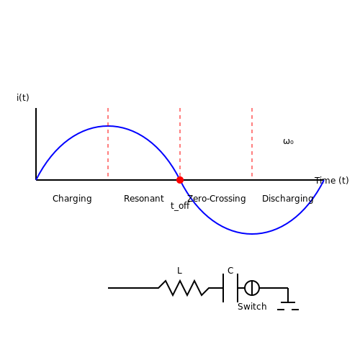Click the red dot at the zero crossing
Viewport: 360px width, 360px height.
(180, 180)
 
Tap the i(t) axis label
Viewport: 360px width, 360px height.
(23, 98)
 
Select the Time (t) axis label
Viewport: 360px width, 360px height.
(332, 180)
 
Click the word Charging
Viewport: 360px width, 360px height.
(72, 199)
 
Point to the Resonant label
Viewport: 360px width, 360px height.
(144, 199)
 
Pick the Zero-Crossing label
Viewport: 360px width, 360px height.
(217, 199)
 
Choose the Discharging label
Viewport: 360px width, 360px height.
(288, 199)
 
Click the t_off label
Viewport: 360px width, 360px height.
(180, 206)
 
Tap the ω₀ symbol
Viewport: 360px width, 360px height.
(288, 142)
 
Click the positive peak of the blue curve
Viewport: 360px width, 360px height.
(108, 126)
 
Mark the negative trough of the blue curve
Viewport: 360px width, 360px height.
(252, 234)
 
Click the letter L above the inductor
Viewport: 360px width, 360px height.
(179, 271)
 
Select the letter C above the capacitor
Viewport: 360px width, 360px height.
(230, 271)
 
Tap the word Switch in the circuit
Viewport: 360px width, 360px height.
(252, 307)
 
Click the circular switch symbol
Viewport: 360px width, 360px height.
(252, 281)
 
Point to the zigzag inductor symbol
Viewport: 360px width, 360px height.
(184, 288)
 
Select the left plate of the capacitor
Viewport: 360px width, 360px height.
(223, 288)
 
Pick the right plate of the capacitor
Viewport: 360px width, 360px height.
(238, 288)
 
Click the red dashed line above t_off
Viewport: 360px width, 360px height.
(180, 142)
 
